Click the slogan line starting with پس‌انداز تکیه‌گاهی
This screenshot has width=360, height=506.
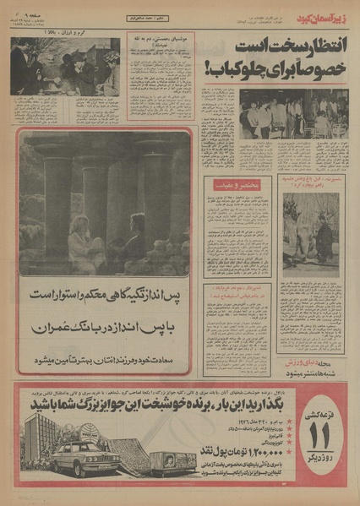(105, 297)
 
